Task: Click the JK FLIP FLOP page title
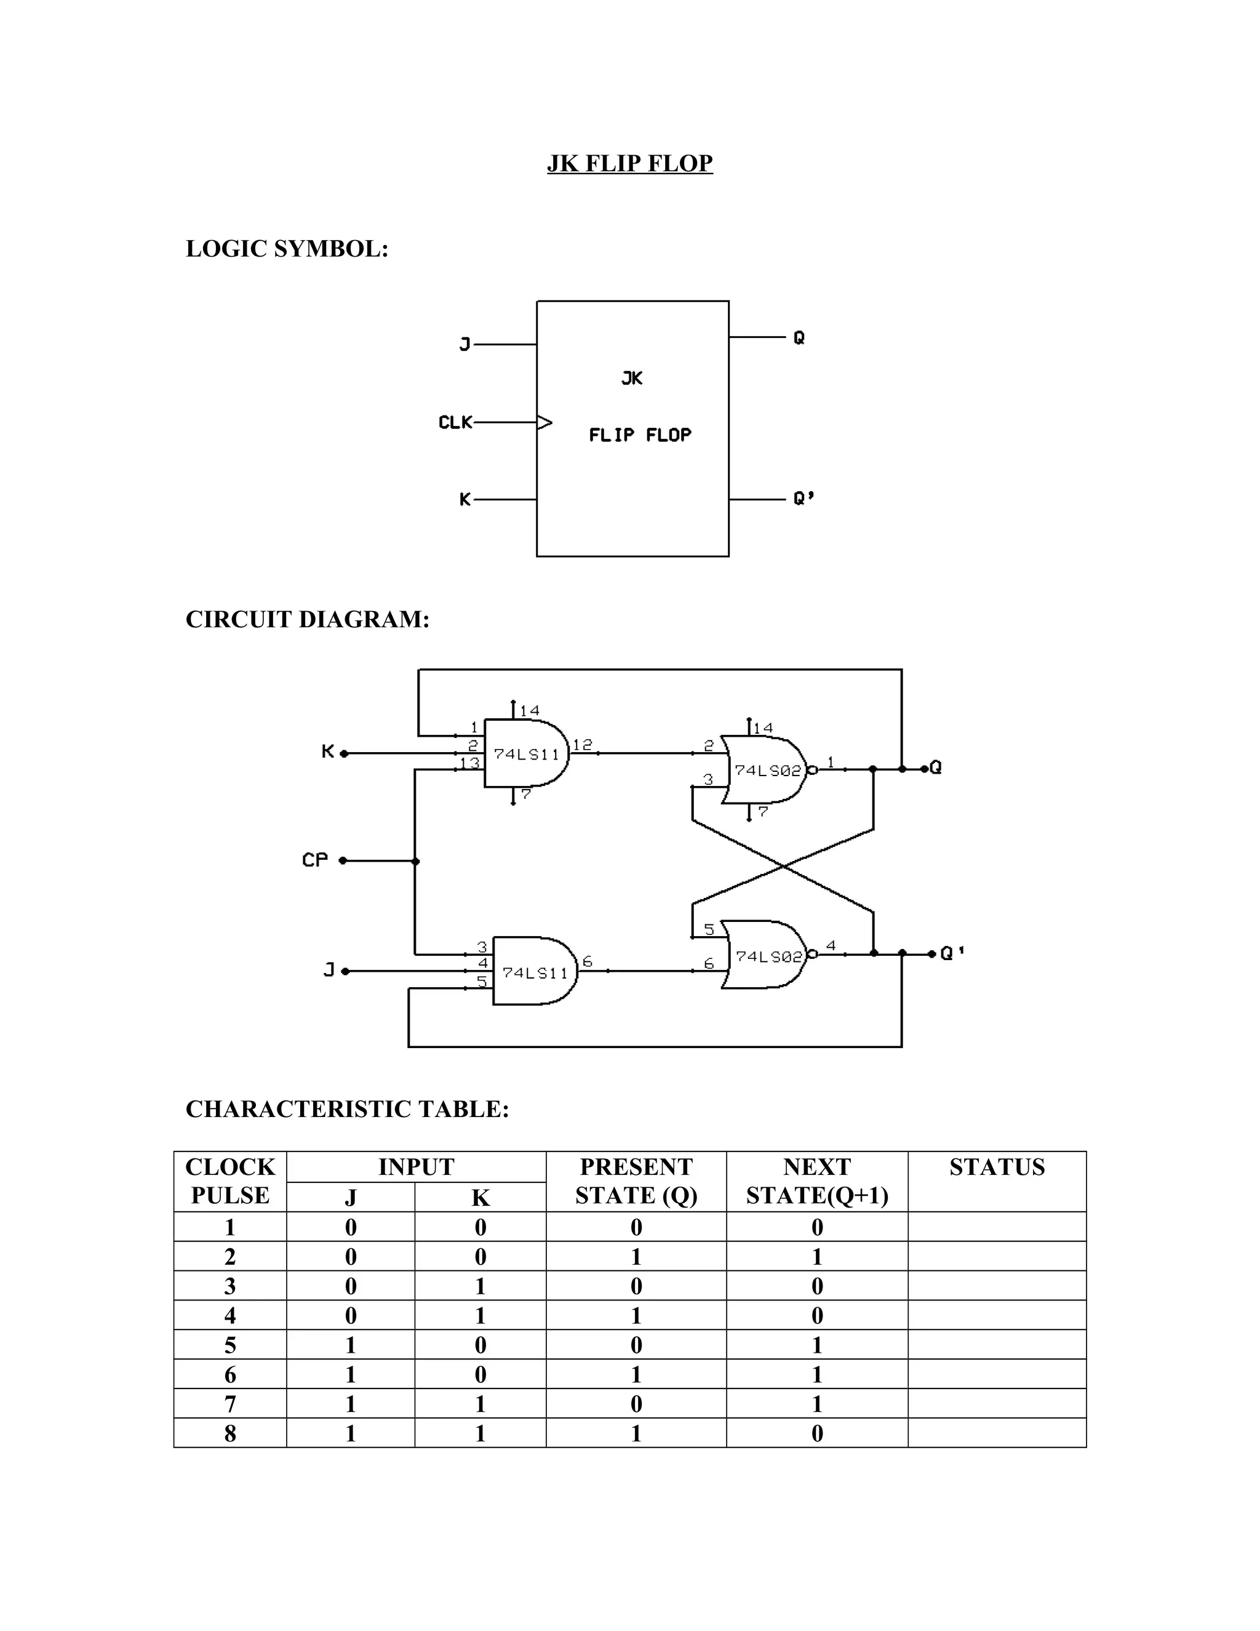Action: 629,163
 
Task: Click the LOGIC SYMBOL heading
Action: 287,249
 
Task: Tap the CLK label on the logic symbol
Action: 455,423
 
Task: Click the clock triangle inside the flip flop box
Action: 545,423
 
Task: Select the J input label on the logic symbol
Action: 465,344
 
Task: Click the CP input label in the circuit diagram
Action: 314,860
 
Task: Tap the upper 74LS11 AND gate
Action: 525,753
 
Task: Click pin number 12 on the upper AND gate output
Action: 582,745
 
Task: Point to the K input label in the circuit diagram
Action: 328,751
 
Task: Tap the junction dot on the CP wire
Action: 416,861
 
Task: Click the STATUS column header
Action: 997,1166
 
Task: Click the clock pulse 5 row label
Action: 230,1345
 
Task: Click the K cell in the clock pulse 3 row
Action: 480,1286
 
